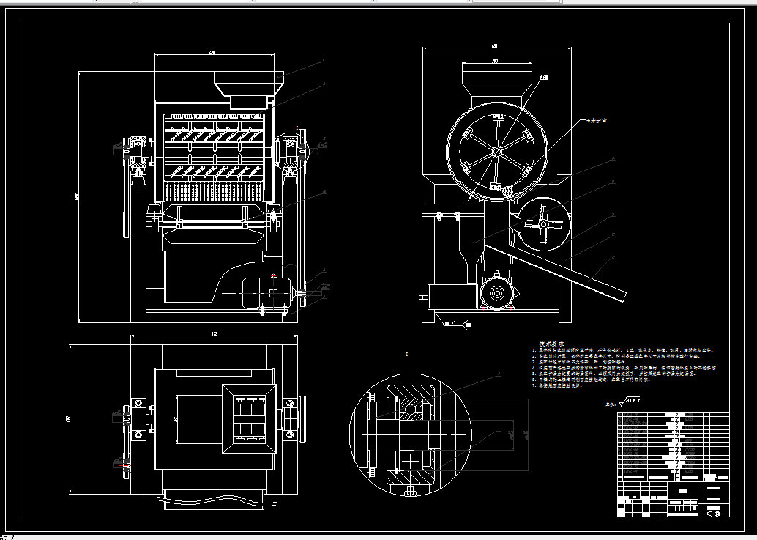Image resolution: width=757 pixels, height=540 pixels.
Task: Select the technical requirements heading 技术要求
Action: pyautogui.click(x=551, y=343)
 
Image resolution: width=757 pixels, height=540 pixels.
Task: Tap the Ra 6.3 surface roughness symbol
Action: pyautogui.click(x=630, y=401)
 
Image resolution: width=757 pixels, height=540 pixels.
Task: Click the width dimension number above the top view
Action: pyautogui.click(x=214, y=333)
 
